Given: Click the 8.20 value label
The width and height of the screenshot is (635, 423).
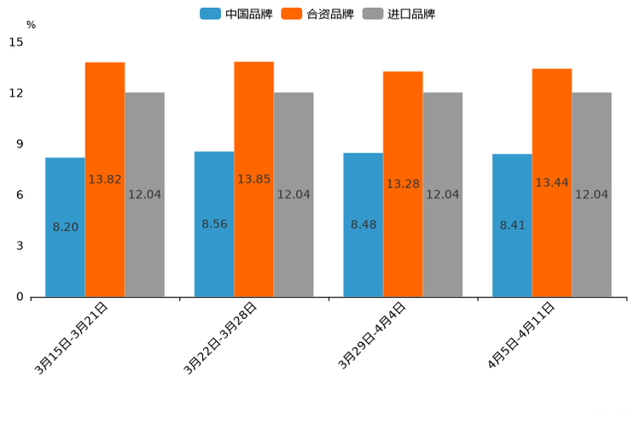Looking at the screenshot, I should [x=66, y=228].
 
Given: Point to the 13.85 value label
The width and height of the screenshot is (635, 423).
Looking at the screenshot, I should [x=253, y=179].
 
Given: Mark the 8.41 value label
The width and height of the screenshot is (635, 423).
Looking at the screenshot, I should [x=513, y=225].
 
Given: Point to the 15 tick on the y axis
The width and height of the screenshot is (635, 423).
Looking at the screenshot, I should [x=16, y=42].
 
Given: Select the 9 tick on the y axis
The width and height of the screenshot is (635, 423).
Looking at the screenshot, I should [x=20, y=143].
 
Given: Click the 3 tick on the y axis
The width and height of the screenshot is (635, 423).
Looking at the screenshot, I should [x=20, y=246].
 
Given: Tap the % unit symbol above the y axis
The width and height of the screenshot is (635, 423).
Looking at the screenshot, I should [x=31, y=25].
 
